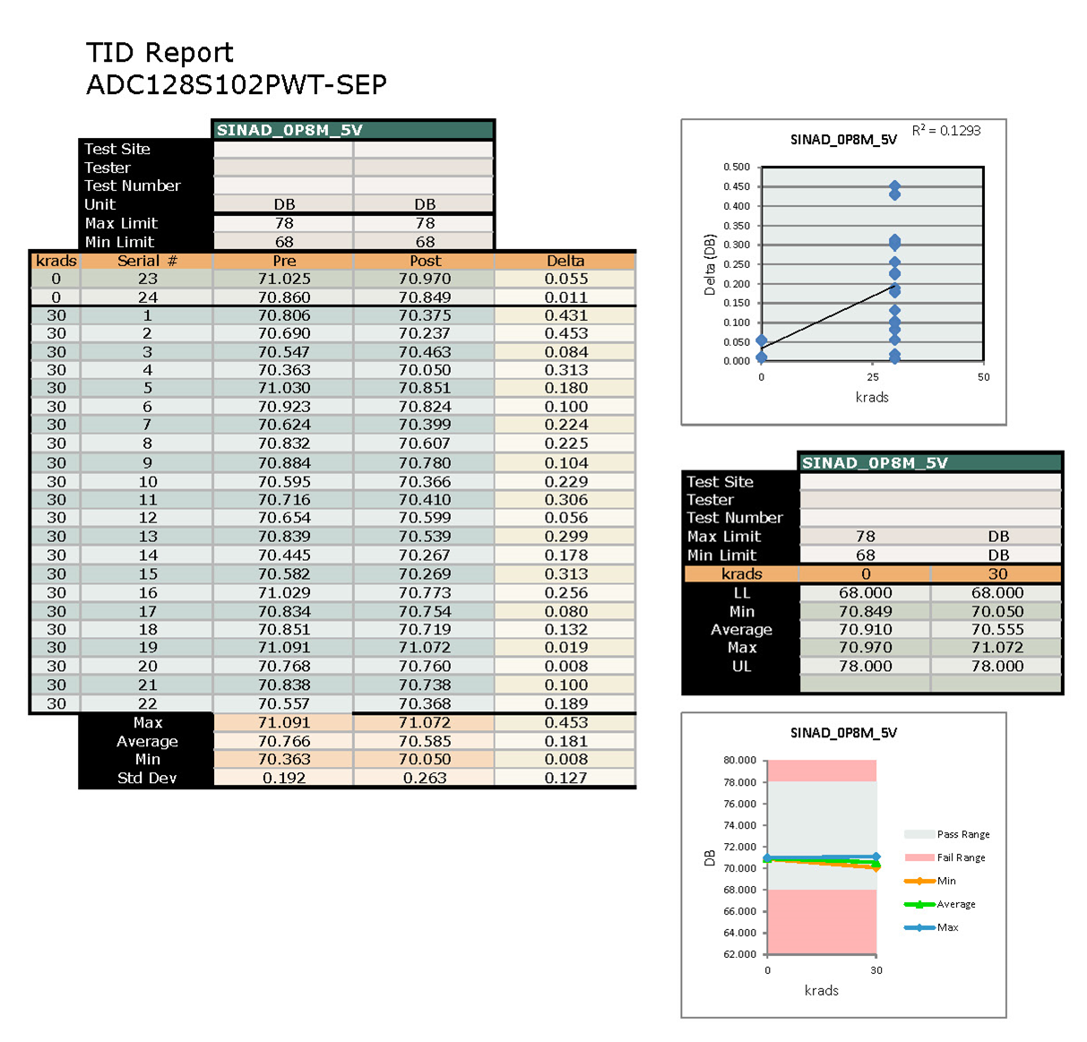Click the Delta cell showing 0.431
coord(565,315)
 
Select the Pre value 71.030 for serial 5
coord(284,388)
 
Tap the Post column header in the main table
coord(425,261)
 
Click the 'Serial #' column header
coord(147,261)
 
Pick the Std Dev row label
coord(147,778)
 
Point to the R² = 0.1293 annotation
coord(945,131)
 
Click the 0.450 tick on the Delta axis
coord(737,186)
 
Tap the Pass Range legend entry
coord(962,834)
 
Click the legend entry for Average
coord(955,904)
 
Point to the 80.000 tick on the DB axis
coord(739,760)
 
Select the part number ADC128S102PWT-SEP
coord(237,85)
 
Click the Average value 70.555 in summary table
coord(996,630)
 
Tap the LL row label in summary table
coord(741,593)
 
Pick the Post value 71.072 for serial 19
coord(425,647)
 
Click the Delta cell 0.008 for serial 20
coord(565,666)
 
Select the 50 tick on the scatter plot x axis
coord(983,377)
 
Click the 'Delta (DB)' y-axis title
coord(710,265)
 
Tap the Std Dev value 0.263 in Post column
coord(425,778)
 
